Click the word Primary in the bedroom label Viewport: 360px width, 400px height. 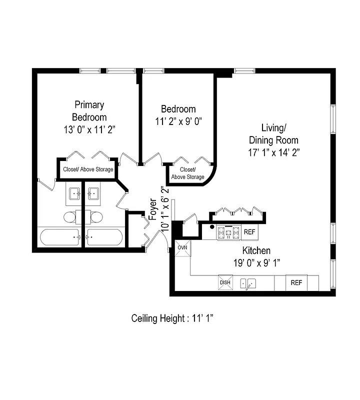coord(89,104)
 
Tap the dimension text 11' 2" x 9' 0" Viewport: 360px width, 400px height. coord(178,121)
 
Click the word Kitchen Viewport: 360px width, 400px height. coord(256,250)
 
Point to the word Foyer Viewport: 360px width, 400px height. coord(153,209)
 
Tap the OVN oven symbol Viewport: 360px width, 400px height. coord(182,247)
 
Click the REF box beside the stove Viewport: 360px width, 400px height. coord(249,232)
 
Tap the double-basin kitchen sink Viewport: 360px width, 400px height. coord(248,283)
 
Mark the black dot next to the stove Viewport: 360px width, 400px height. coord(212,228)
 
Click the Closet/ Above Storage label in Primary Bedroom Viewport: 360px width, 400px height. coord(88,169)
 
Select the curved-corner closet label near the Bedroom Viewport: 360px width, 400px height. coord(187,173)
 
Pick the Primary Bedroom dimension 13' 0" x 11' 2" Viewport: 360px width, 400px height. coord(89,129)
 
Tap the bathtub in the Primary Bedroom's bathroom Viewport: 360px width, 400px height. coord(59,236)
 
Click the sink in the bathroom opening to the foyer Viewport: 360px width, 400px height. coord(93,193)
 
